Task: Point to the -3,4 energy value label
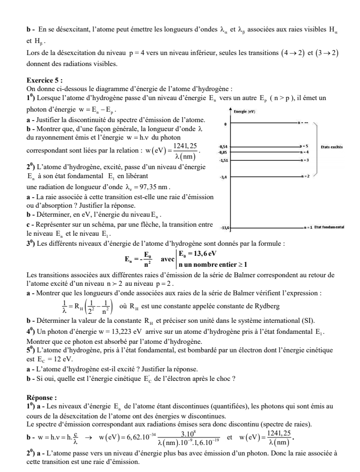pos(225,177)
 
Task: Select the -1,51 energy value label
pos(224,160)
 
